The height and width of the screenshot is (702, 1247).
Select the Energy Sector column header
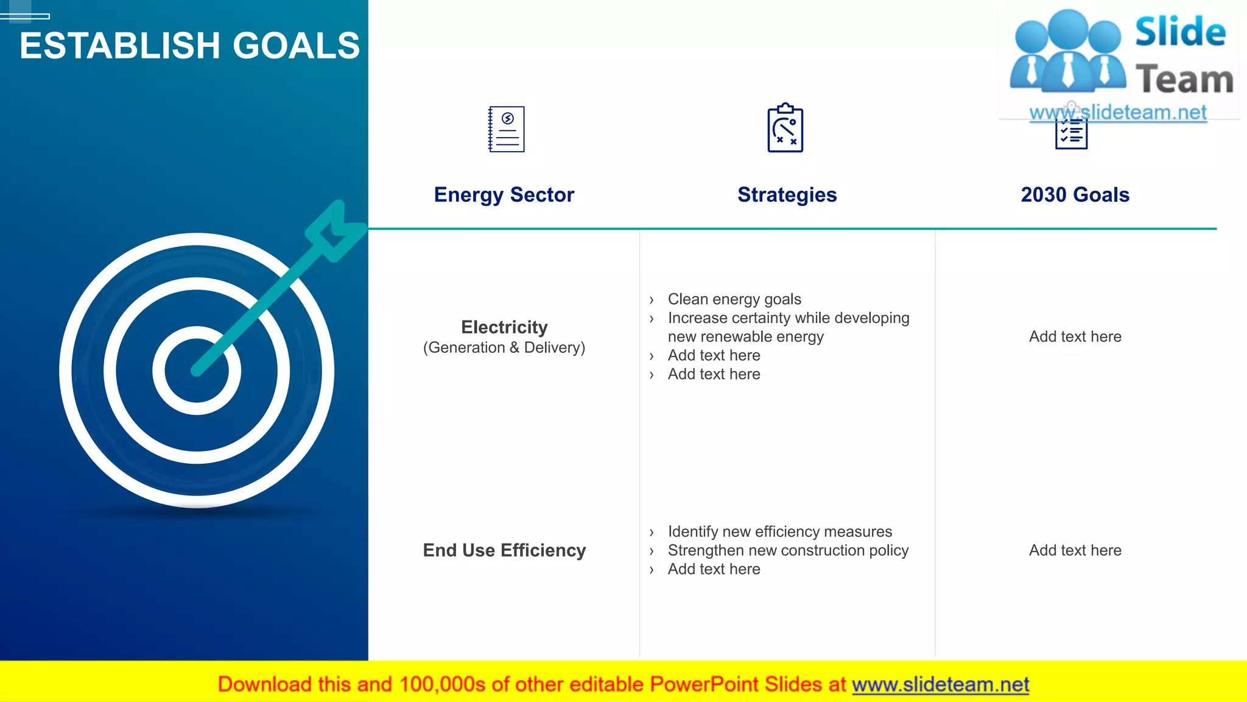click(x=504, y=195)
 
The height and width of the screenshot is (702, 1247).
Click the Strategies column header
click(x=787, y=195)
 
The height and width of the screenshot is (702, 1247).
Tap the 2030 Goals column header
click(x=1075, y=195)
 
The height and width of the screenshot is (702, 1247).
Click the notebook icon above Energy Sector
click(x=506, y=129)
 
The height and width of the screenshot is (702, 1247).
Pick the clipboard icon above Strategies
click(x=785, y=128)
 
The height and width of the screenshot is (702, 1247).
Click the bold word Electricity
click(x=504, y=327)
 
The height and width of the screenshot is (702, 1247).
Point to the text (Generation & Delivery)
click(x=504, y=348)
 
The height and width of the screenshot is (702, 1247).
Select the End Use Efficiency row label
click(x=504, y=550)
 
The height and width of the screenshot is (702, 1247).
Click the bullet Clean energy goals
click(x=734, y=299)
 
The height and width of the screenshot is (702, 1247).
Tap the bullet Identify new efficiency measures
click(x=779, y=532)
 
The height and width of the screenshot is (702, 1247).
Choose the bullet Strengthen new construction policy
click(x=788, y=551)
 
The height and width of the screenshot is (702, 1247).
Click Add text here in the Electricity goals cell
click(x=1075, y=337)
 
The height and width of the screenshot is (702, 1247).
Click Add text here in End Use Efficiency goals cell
click(x=1075, y=551)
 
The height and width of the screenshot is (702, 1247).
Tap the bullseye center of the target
click(x=196, y=370)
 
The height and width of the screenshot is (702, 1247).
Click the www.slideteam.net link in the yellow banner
click(x=940, y=685)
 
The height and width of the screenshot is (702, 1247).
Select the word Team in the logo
click(x=1184, y=80)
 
